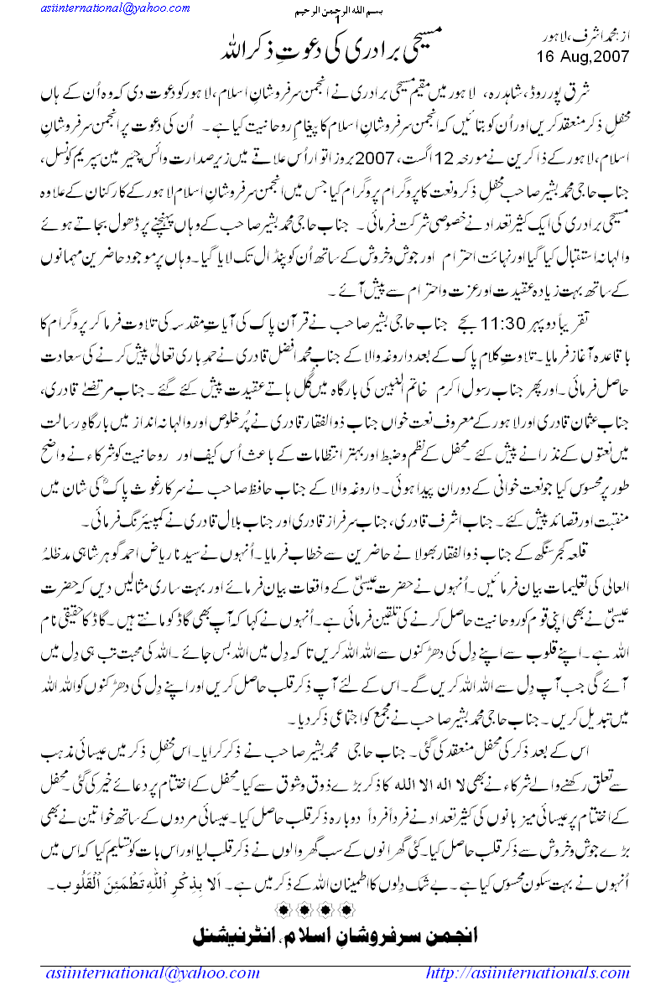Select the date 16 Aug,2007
(581, 56)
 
